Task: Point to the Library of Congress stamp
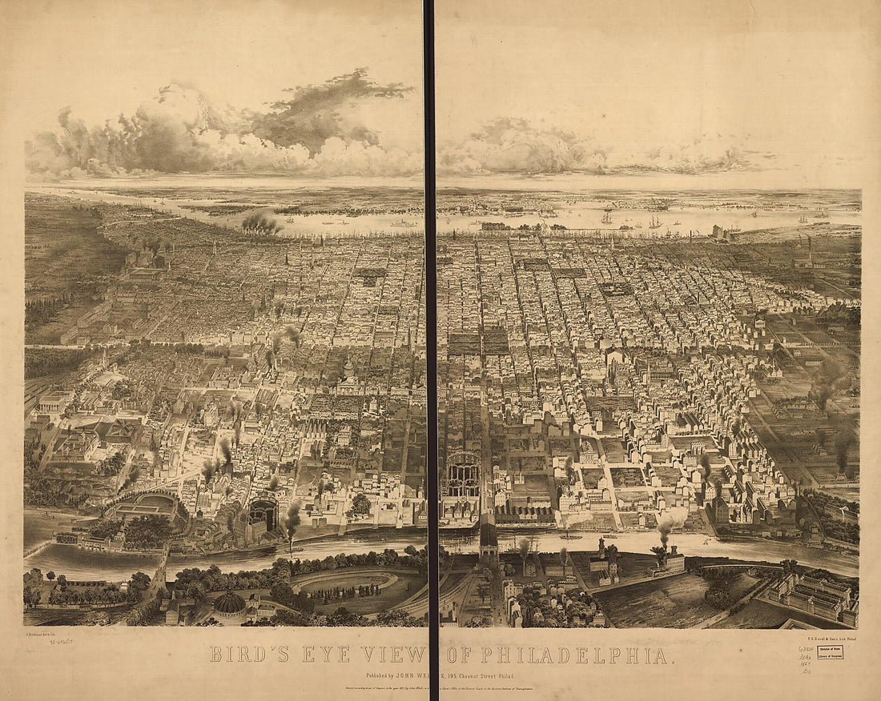(x=830, y=652)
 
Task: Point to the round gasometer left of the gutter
(x=263, y=512)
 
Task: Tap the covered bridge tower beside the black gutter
(x=488, y=536)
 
